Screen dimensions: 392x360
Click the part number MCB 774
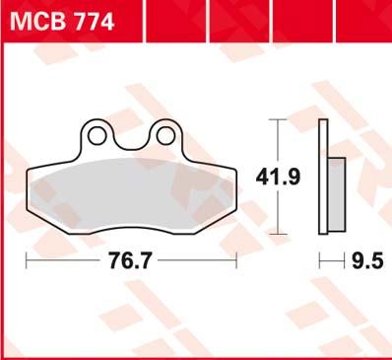(62, 23)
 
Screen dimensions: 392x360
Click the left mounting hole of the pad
(97, 136)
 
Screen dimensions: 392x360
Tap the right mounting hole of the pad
(165, 136)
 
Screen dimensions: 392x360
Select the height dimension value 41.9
(278, 178)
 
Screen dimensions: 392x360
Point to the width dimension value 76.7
(131, 261)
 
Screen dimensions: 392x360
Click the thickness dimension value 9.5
(367, 261)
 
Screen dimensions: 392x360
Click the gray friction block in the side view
(337, 194)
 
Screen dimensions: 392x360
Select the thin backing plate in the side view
(323, 177)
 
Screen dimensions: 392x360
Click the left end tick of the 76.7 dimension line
(27, 260)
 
